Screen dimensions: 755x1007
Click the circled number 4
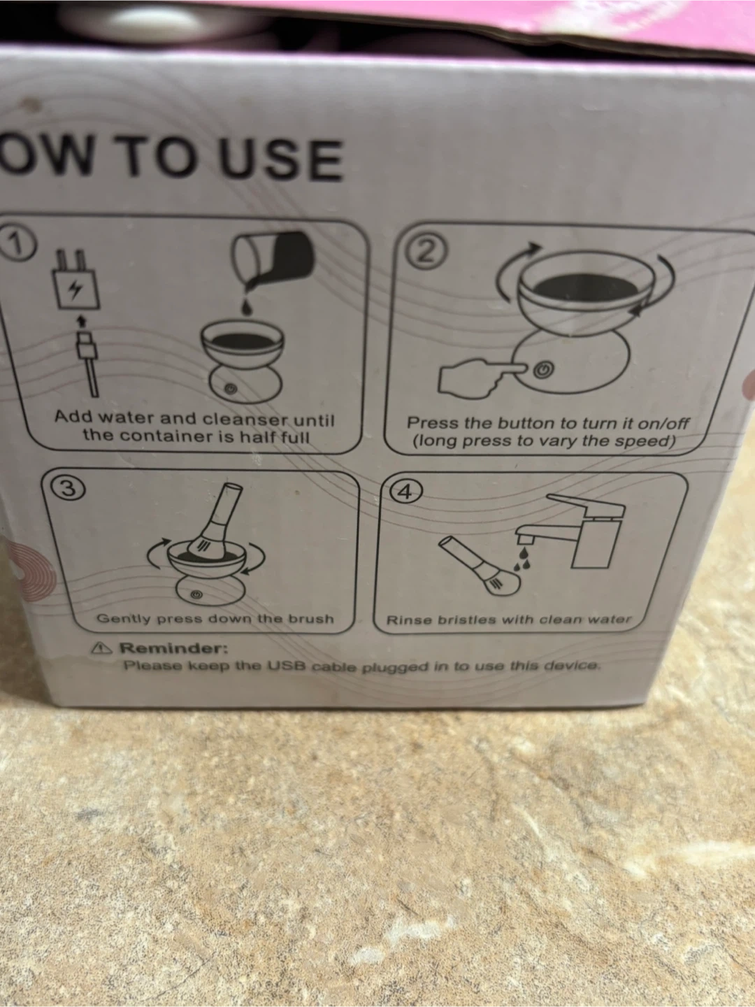pos(405,492)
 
